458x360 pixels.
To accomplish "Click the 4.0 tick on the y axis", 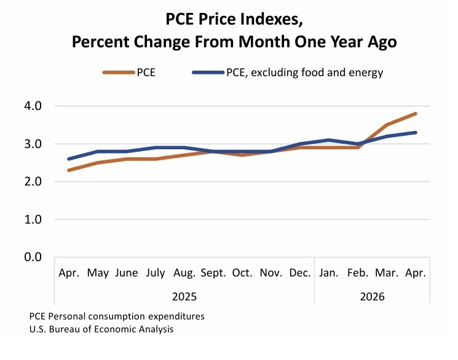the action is tap(33, 106).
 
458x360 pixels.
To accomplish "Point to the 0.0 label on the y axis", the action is tap(33, 257).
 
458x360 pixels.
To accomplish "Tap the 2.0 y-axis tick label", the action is tap(33, 182).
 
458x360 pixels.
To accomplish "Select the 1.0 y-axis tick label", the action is tap(33, 219).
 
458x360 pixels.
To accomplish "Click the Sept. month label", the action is tap(213, 273).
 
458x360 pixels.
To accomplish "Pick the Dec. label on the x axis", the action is tap(299, 273).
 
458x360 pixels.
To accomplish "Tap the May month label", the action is tap(98, 273).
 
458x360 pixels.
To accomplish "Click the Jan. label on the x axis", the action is tap(329, 273).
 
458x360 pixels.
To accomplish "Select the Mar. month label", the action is tap(387, 273).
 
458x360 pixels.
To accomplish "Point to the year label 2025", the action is tap(184, 297).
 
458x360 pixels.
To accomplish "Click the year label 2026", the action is tap(372, 297).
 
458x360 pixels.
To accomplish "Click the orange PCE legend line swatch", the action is tap(119, 72).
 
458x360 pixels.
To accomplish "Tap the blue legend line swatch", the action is tap(208, 72).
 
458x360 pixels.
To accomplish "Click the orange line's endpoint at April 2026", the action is tap(415, 114).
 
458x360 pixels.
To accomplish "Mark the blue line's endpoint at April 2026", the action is tap(415, 133).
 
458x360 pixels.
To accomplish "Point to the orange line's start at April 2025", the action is tap(69, 170).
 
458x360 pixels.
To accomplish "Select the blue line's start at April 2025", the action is tap(69, 159).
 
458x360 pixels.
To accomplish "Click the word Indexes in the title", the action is tap(271, 19).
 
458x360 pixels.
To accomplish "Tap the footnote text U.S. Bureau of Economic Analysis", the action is tap(101, 329).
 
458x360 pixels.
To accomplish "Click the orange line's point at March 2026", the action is tap(387, 125).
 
